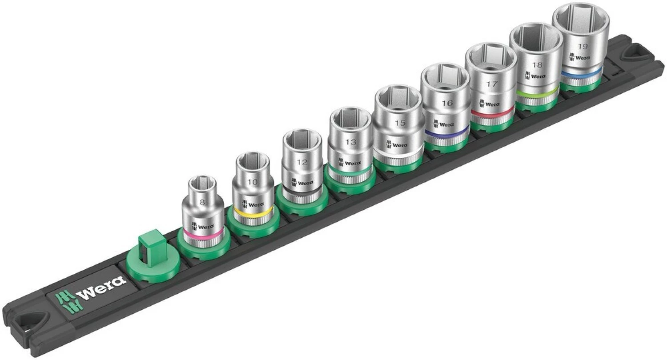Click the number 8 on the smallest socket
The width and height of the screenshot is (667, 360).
202,202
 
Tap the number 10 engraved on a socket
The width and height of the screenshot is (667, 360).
252,183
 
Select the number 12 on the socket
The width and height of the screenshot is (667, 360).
302,163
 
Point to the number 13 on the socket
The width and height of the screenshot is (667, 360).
350,142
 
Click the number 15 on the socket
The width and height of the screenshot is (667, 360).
400,123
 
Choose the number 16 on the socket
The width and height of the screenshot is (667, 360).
447,103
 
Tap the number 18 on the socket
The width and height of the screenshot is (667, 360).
537,64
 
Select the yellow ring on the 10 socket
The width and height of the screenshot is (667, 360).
252,214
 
